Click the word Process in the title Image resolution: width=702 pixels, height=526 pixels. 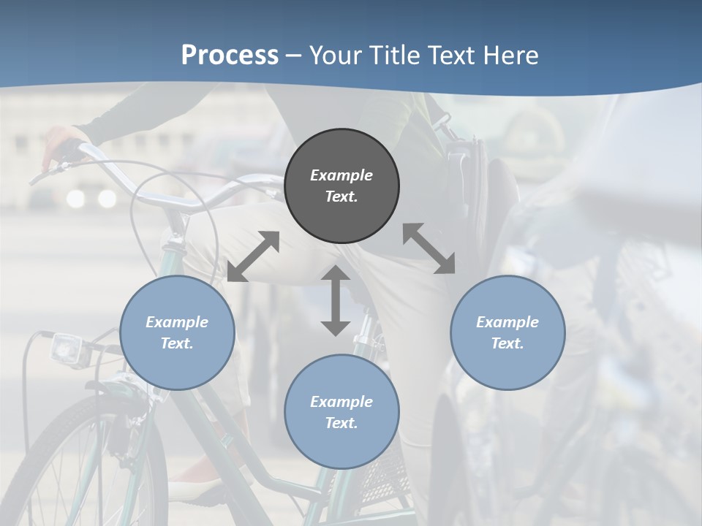230,56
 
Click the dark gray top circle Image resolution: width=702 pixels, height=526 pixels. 341,186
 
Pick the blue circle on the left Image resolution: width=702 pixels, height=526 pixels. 177,332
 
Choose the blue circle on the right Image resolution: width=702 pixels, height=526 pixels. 507,332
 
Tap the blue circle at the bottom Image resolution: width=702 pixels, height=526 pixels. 341,412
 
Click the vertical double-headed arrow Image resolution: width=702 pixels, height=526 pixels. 336,300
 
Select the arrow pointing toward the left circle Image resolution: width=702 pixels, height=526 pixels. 253,256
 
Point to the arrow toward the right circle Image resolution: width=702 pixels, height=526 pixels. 429,248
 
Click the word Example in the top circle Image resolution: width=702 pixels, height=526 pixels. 341,175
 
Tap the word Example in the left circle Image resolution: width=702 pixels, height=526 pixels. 177,322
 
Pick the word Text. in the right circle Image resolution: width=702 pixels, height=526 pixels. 507,343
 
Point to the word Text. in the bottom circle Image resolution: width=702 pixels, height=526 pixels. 341,423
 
